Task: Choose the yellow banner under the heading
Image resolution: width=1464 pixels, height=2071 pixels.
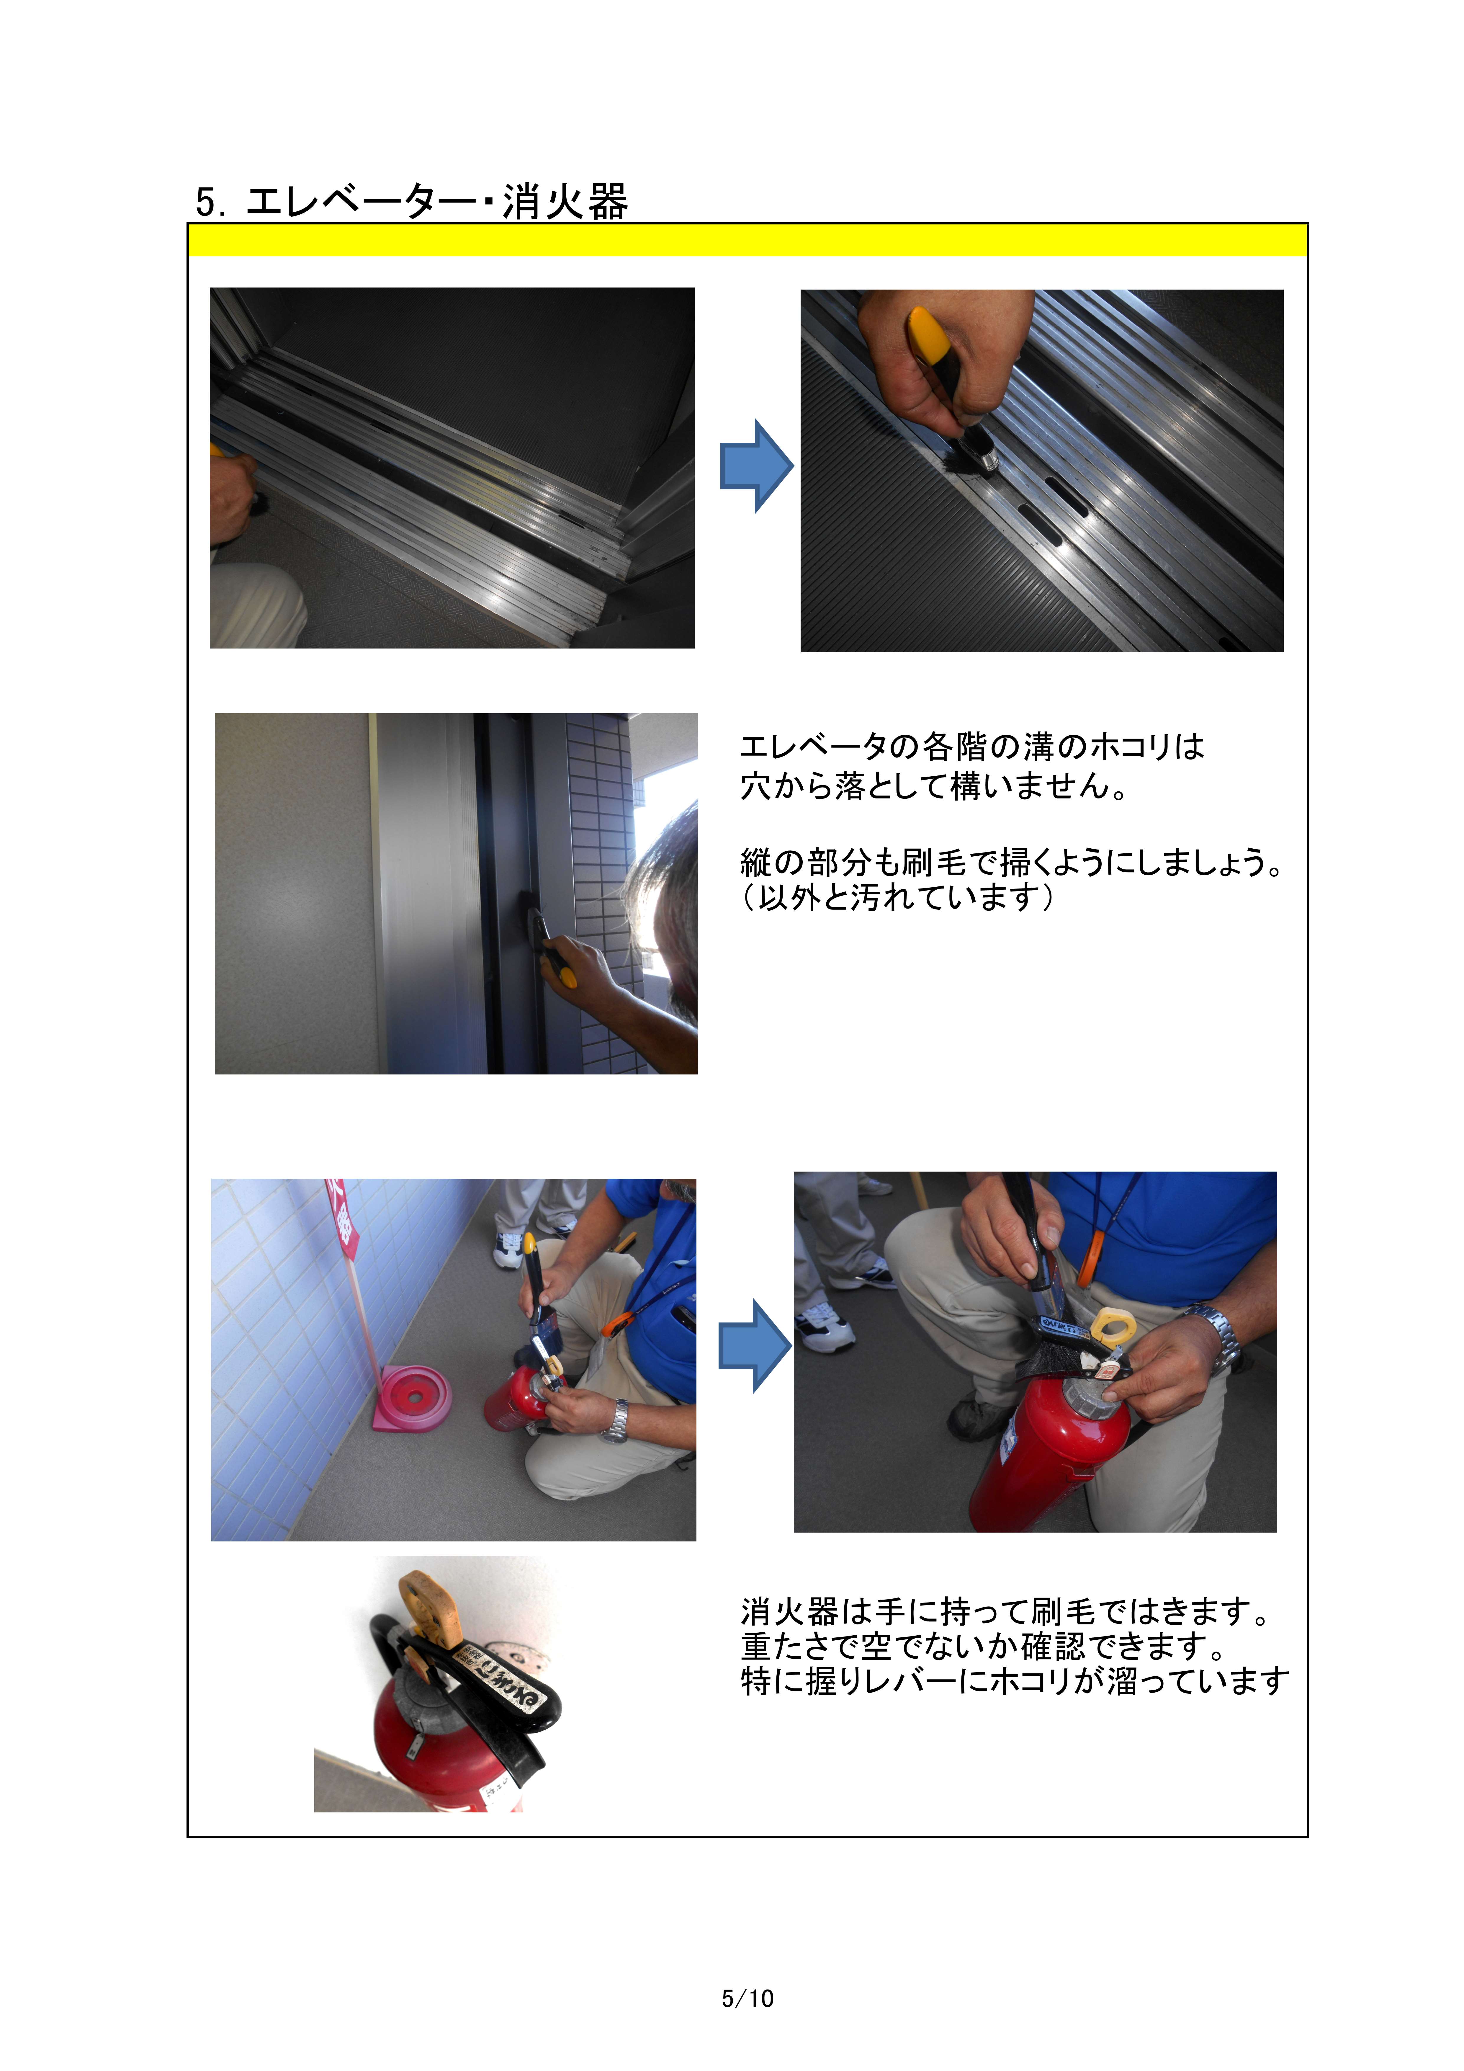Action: tap(747, 240)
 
